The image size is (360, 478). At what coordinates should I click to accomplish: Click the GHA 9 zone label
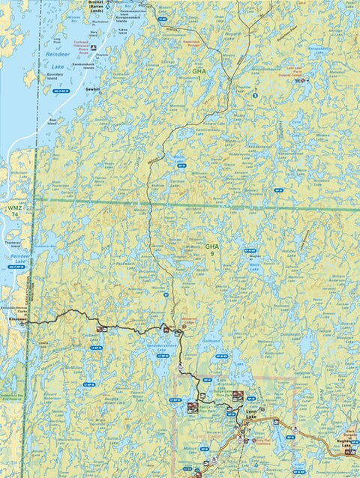pos(213,249)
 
